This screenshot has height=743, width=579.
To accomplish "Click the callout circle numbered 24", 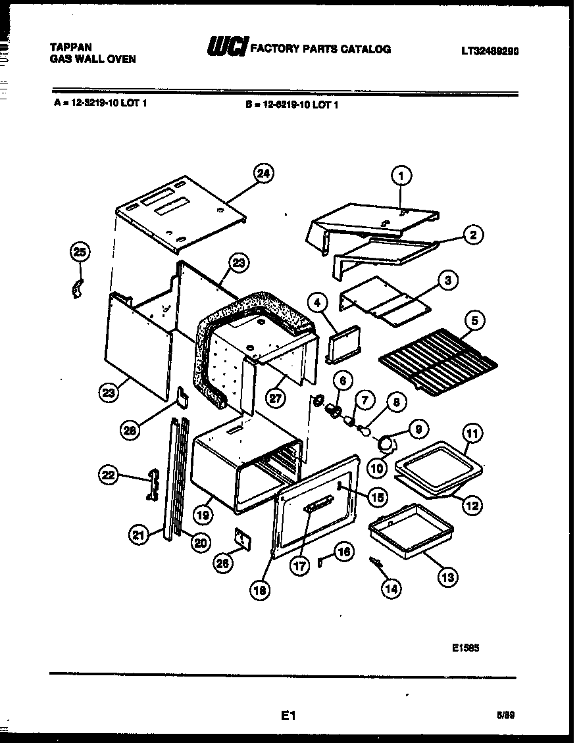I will (x=263, y=174).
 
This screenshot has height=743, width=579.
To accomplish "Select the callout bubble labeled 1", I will (x=402, y=175).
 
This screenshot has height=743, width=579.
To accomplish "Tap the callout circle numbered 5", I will (x=474, y=320).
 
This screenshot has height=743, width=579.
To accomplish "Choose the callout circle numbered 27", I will (x=277, y=397).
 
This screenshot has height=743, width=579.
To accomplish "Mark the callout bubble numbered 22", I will (x=109, y=475).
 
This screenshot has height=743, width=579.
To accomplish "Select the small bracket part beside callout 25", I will (x=78, y=288).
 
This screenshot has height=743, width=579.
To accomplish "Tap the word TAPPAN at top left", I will (x=71, y=47).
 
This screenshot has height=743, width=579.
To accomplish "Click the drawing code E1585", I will (x=465, y=646).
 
